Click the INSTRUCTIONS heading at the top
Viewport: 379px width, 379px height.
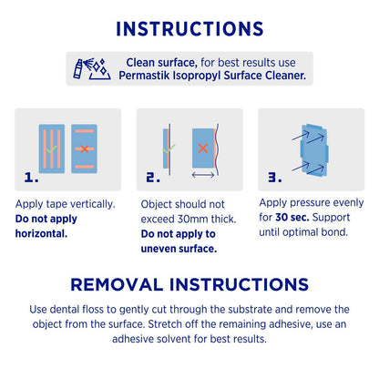pos(189,29)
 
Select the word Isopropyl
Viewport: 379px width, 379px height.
pos(197,76)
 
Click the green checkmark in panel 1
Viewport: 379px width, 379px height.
pos(51,149)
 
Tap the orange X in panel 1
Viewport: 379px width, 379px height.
pos(85,149)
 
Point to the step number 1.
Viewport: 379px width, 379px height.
pos(31,178)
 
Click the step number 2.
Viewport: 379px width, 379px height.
pos(153,178)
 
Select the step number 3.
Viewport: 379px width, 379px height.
pos(275,178)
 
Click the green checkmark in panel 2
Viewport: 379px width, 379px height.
pos(169,149)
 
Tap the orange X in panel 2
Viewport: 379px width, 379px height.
pos(203,149)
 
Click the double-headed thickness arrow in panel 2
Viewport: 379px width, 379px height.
pos(203,175)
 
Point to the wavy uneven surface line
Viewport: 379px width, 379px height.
pos(217,149)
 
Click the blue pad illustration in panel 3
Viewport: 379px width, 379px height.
pos(314,150)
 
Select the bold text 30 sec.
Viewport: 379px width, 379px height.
pos(292,218)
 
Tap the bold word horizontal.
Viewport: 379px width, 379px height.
pos(41,233)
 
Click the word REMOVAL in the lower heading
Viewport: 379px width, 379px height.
pos(117,284)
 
